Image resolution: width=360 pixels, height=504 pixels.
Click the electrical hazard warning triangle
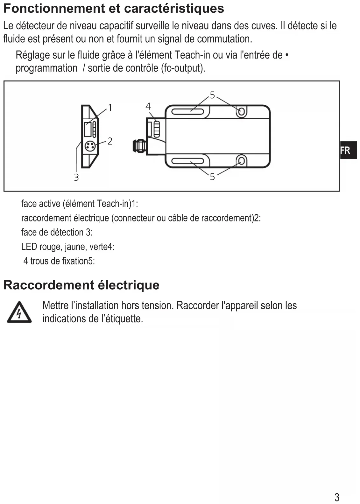(x=19, y=312)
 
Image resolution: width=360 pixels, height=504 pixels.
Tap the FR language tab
(x=346, y=150)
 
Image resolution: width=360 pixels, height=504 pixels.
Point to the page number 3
(x=337, y=497)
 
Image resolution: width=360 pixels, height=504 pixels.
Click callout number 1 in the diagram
(x=110, y=108)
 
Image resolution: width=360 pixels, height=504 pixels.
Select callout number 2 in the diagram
(x=110, y=141)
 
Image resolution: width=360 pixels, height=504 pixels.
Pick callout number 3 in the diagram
(x=76, y=177)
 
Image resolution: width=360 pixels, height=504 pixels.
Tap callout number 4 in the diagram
(x=148, y=106)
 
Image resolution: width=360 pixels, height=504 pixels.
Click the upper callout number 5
(x=212, y=95)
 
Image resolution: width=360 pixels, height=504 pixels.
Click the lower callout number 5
(x=212, y=177)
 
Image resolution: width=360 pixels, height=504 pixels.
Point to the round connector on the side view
(x=89, y=146)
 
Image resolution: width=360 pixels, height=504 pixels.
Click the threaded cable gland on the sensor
(x=139, y=146)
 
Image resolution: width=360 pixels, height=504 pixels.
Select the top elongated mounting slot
(x=187, y=112)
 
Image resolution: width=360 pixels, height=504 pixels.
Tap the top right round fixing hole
(x=242, y=111)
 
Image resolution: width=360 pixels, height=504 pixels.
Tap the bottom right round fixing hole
(x=242, y=161)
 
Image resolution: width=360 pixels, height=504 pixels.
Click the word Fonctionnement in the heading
(x=54, y=9)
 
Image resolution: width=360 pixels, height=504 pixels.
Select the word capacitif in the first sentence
(x=116, y=26)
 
